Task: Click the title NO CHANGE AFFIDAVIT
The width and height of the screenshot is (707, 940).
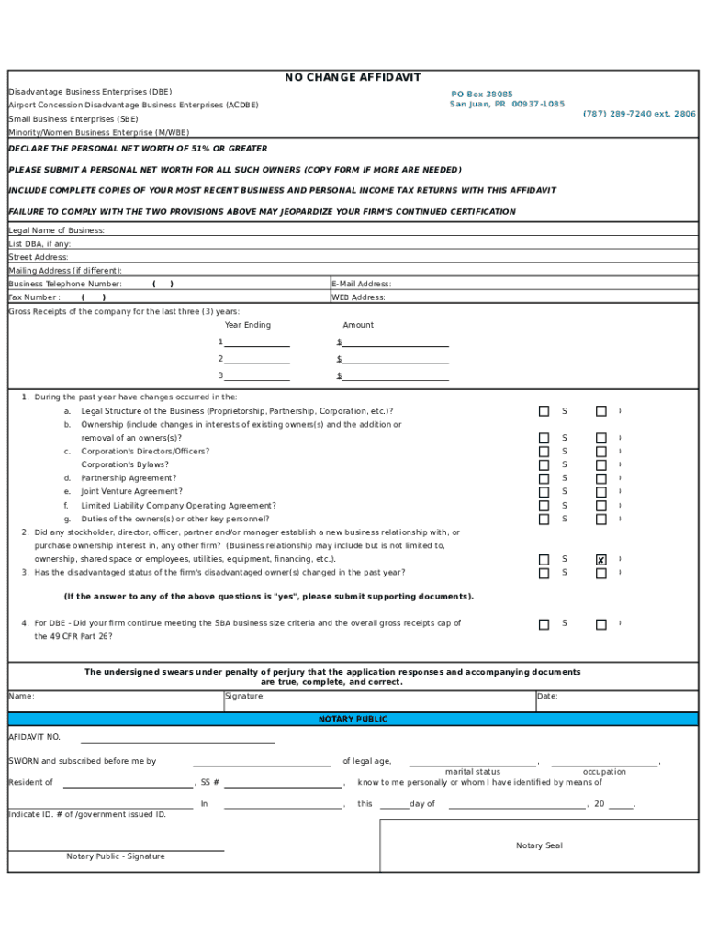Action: click(x=353, y=78)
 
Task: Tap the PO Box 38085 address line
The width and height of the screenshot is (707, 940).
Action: click(x=482, y=95)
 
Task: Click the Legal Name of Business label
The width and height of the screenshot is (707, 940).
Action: click(x=57, y=230)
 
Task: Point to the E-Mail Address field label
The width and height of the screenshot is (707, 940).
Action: click(x=361, y=285)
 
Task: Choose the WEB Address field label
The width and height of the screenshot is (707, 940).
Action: click(x=358, y=297)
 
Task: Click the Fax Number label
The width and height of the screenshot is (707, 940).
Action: click(x=35, y=297)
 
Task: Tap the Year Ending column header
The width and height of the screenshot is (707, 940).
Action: click(x=248, y=325)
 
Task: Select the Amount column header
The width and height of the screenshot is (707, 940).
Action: click(x=358, y=325)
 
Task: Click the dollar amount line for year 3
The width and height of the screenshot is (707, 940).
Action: click(x=395, y=376)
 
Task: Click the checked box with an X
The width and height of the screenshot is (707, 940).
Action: click(x=601, y=560)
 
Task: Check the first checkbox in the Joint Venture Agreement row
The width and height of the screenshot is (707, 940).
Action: click(x=544, y=492)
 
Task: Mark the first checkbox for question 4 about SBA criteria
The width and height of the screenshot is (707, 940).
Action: click(x=544, y=624)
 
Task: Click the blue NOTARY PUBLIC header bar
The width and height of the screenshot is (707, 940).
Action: click(x=353, y=720)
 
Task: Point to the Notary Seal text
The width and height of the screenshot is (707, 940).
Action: click(x=539, y=845)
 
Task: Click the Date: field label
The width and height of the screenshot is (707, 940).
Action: click(x=547, y=697)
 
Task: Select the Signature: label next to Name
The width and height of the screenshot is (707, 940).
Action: click(x=245, y=697)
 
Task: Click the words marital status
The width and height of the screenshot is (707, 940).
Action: click(x=473, y=772)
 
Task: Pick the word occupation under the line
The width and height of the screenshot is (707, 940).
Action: click(x=604, y=772)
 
